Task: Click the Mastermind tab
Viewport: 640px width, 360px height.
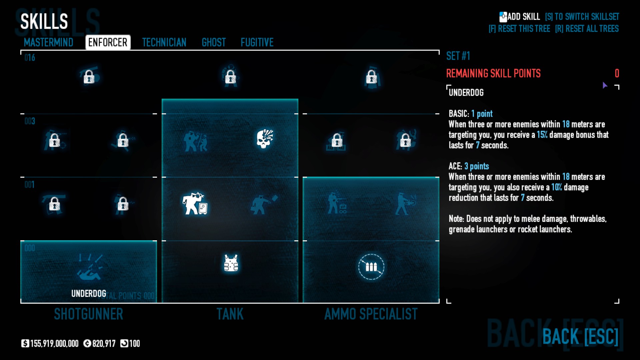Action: point(49,42)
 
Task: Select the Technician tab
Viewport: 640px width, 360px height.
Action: point(164,42)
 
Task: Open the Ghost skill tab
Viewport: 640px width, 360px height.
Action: point(214,42)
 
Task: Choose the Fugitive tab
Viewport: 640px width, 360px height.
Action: point(257,42)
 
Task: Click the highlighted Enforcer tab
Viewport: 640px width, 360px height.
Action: point(108,42)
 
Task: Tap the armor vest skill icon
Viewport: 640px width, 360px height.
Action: point(231,263)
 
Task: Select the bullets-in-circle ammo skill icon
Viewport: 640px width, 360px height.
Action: point(371,267)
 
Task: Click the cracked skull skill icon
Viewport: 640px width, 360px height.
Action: point(265,139)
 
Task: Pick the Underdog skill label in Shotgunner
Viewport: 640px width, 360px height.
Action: point(89,293)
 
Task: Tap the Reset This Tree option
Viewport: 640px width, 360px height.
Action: point(519,29)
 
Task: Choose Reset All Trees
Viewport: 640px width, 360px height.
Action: point(587,29)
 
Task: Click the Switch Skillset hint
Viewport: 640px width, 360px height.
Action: point(582,17)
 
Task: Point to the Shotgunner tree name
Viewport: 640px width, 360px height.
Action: point(89,314)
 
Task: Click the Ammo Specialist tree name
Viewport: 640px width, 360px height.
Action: point(371,314)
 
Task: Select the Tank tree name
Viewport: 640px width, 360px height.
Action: point(230,314)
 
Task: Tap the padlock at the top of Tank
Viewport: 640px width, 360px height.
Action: point(230,77)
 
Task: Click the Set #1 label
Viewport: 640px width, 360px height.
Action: point(458,56)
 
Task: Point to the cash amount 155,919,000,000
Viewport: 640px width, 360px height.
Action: point(54,343)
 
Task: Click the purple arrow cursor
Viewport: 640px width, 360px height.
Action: point(605,85)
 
